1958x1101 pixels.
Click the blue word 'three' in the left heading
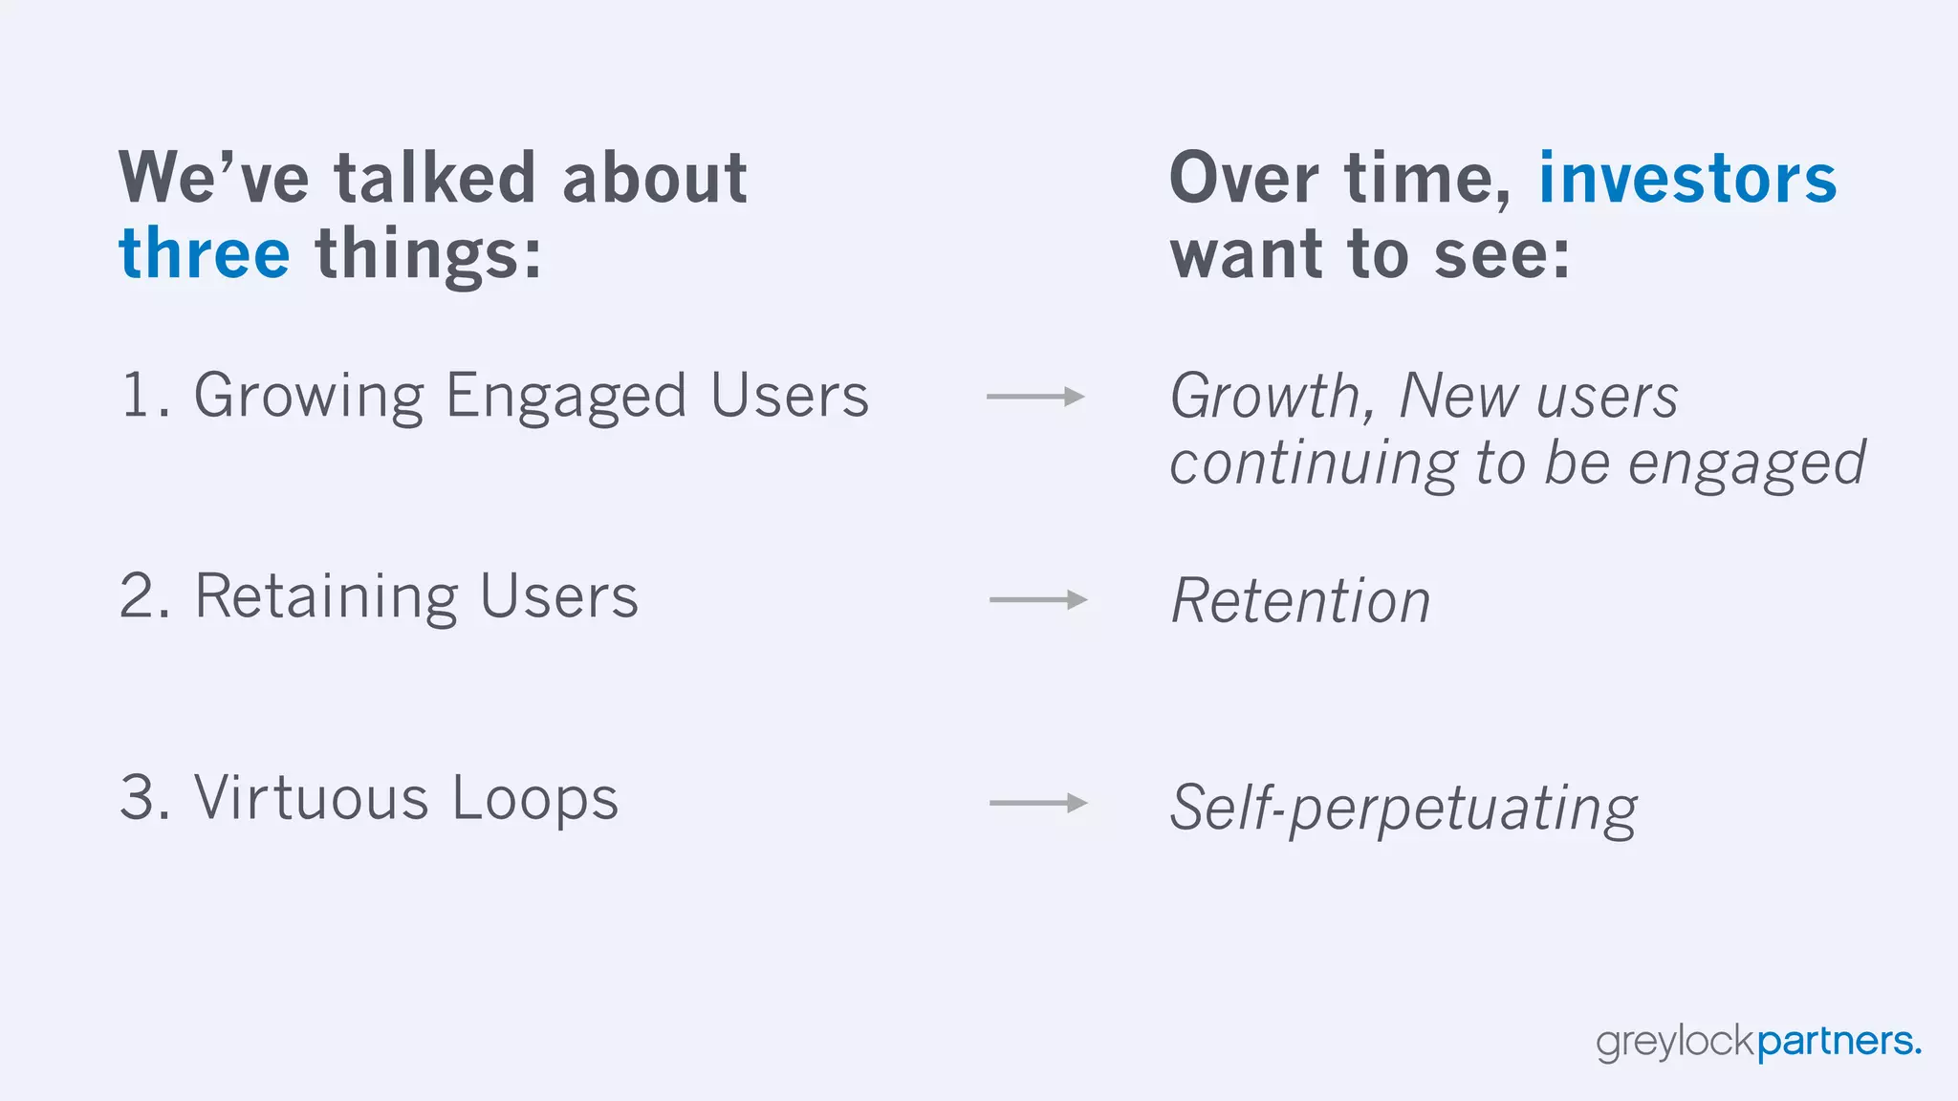[204, 254]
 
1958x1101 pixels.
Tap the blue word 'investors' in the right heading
[1687, 179]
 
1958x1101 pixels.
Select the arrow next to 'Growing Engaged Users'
[1035, 396]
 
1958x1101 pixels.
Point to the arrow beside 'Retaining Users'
[1038, 599]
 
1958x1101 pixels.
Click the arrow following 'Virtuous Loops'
[1038, 803]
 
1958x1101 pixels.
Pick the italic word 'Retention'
[1300, 601]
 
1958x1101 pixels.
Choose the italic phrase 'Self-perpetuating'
[1403, 809]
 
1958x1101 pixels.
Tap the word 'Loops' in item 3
[535, 800]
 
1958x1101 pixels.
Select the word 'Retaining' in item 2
[327, 597]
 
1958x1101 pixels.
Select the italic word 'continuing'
[1314, 464]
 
